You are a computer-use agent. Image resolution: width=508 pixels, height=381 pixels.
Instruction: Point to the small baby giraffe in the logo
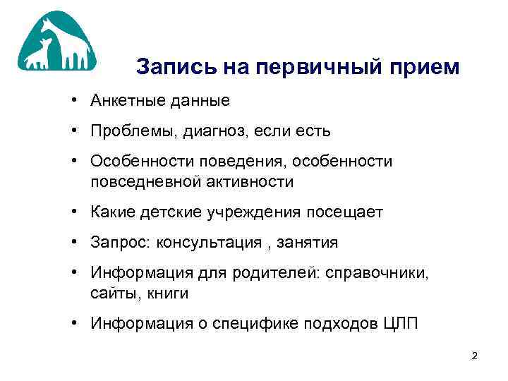[43, 56]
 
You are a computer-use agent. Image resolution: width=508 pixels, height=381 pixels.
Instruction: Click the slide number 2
[475, 356]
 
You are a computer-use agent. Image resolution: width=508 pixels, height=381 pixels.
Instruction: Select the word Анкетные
[123, 101]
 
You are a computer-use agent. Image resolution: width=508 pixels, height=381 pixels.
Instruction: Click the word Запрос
[115, 243]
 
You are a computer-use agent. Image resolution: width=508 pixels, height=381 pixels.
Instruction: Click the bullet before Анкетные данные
[74, 101]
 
